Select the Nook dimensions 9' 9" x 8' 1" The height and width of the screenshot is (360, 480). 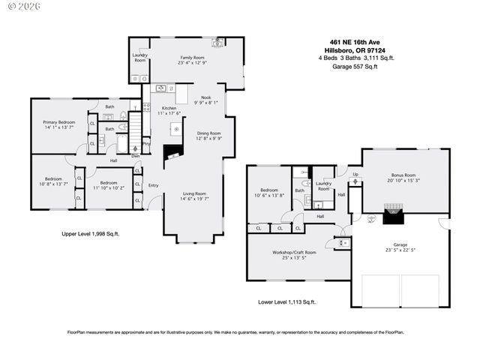(x=205, y=103)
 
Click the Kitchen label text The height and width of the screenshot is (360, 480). (x=169, y=109)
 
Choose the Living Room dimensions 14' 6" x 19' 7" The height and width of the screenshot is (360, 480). (x=193, y=199)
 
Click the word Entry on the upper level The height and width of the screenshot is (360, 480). (x=154, y=185)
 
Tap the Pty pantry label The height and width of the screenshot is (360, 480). (x=146, y=142)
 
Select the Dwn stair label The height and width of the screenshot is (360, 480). (x=136, y=156)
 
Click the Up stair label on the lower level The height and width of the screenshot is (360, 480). (x=355, y=174)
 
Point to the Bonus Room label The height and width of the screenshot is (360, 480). (x=403, y=175)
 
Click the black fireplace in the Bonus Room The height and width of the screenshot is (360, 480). (x=393, y=217)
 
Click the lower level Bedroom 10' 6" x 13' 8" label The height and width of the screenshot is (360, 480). (x=270, y=190)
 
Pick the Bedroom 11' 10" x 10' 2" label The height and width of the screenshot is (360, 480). (x=109, y=182)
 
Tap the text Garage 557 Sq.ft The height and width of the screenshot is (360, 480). (x=355, y=66)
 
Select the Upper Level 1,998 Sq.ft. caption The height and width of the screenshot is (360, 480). (x=90, y=234)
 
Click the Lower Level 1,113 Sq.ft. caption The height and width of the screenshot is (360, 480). (x=286, y=301)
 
